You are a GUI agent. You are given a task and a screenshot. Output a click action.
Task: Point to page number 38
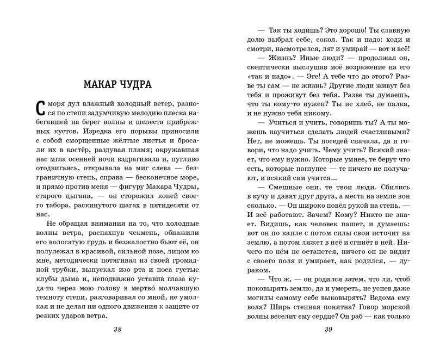(x=117, y=330)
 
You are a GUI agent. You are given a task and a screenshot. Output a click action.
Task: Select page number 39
(x=328, y=330)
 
